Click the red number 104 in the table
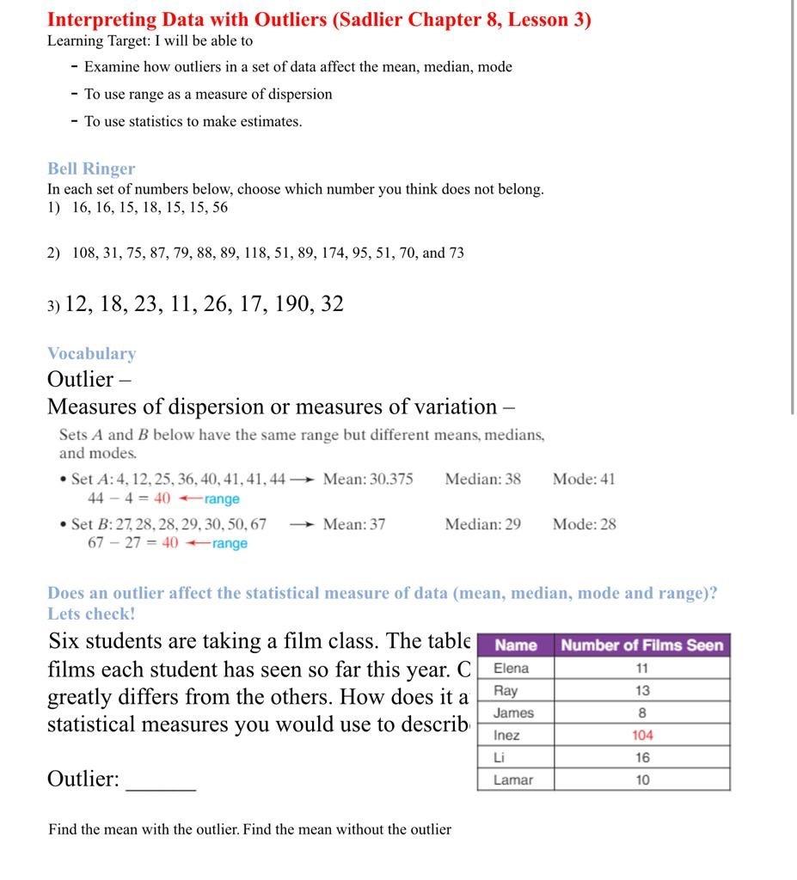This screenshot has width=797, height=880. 641,736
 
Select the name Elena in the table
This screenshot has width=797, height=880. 511,669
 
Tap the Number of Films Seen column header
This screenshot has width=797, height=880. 641,645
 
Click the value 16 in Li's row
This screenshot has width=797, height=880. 641,758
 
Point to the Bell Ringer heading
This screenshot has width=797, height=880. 91,169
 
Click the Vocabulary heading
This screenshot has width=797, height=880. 91,354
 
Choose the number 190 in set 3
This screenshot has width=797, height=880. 293,304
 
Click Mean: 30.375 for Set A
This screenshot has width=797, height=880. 368,480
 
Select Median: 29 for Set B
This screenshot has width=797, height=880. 482,524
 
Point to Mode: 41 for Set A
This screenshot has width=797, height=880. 584,480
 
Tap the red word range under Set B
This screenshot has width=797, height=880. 230,544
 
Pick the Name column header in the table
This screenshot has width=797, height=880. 516,645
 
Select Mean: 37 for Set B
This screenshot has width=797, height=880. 354,524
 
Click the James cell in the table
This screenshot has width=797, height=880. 513,713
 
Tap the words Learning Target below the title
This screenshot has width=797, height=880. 98,41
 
